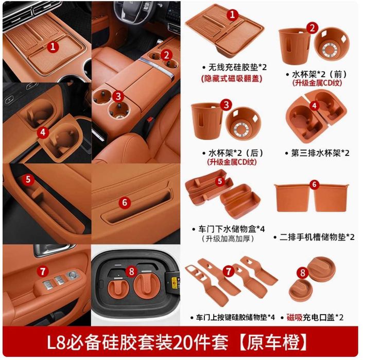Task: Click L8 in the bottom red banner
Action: tap(58, 342)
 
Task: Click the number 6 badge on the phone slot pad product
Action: tap(315, 184)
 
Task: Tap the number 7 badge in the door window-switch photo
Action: tap(43, 270)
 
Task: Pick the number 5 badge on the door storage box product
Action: tap(219, 181)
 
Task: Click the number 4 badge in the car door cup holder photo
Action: tap(43, 132)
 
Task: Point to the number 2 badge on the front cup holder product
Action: tap(312, 28)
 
